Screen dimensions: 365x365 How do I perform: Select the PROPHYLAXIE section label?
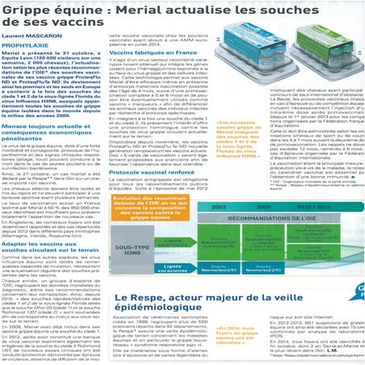pyautogui.click(x=31, y=45)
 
